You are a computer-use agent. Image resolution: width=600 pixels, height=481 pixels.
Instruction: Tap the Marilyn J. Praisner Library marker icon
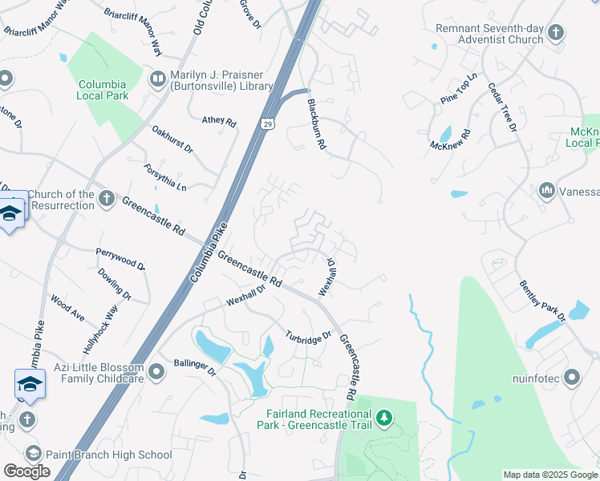pyautogui.click(x=157, y=78)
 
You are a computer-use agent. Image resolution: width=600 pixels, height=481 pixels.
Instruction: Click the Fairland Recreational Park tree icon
pyautogui.click(x=385, y=418)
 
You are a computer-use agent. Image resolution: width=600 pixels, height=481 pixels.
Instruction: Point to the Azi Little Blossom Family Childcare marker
pyautogui.click(x=156, y=370)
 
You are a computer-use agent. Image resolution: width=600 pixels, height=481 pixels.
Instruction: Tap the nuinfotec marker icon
pyautogui.click(x=571, y=377)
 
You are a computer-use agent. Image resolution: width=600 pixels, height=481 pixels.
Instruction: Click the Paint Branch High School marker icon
pyautogui.click(x=32, y=455)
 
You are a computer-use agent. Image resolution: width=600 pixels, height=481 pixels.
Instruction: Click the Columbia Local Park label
pyautogui.click(x=102, y=90)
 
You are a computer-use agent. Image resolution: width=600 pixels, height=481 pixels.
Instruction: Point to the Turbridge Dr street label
pyautogui.click(x=309, y=335)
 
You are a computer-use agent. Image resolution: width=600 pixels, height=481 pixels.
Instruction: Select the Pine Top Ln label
pyautogui.click(x=459, y=88)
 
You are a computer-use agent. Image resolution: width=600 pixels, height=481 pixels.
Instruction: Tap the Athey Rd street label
pyautogui.click(x=219, y=122)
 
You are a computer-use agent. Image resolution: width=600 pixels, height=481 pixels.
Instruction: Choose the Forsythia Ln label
pyautogui.click(x=165, y=176)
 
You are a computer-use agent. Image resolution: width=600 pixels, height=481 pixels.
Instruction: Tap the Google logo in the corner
pyautogui.click(x=26, y=471)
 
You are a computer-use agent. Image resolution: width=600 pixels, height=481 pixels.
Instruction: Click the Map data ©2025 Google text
pyautogui.click(x=550, y=475)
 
